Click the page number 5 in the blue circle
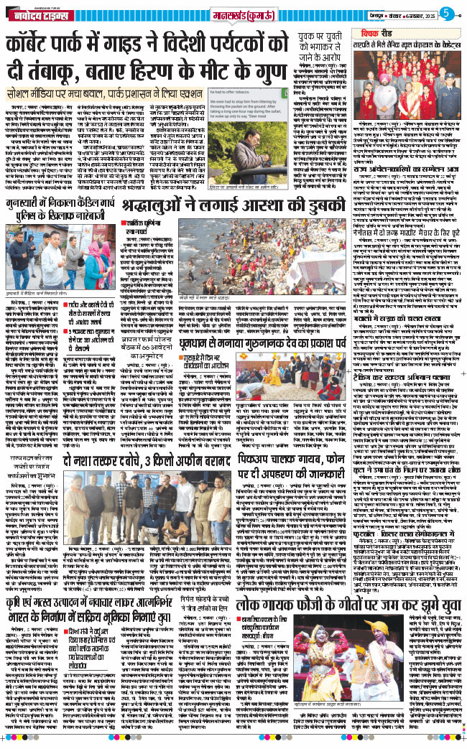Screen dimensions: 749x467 tap(447, 13)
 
